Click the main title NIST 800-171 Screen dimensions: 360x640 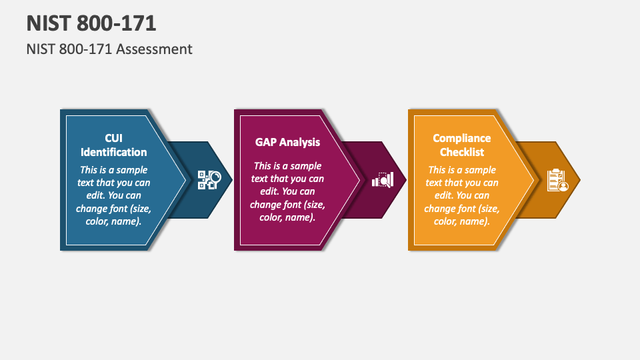pyautogui.click(x=91, y=23)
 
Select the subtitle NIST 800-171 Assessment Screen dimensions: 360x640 pyautogui.click(x=109, y=49)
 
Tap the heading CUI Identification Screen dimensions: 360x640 pyautogui.click(x=113, y=145)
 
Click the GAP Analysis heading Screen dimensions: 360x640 pyautogui.click(x=287, y=142)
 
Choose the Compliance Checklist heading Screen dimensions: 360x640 pyautogui.click(x=461, y=145)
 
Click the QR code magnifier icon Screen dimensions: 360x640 pyautogui.click(x=209, y=180)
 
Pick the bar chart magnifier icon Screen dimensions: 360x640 pyautogui.click(x=383, y=180)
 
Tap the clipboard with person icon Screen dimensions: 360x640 pyautogui.click(x=557, y=180)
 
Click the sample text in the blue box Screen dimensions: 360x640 pyautogui.click(x=113, y=195)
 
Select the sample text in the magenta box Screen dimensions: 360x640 pyautogui.click(x=287, y=191)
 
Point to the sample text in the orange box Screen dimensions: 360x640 pyautogui.click(x=461, y=195)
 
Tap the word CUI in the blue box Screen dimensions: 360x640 pyautogui.click(x=113, y=138)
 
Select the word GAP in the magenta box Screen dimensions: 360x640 pyautogui.click(x=266, y=142)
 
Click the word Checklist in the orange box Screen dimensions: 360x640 pyautogui.click(x=461, y=153)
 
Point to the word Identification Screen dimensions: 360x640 pyautogui.click(x=113, y=153)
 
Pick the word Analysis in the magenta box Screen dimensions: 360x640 pyautogui.click(x=299, y=142)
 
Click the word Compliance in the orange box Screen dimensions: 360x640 pyautogui.click(x=461, y=138)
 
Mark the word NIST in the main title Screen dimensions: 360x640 pyautogui.click(x=48, y=23)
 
